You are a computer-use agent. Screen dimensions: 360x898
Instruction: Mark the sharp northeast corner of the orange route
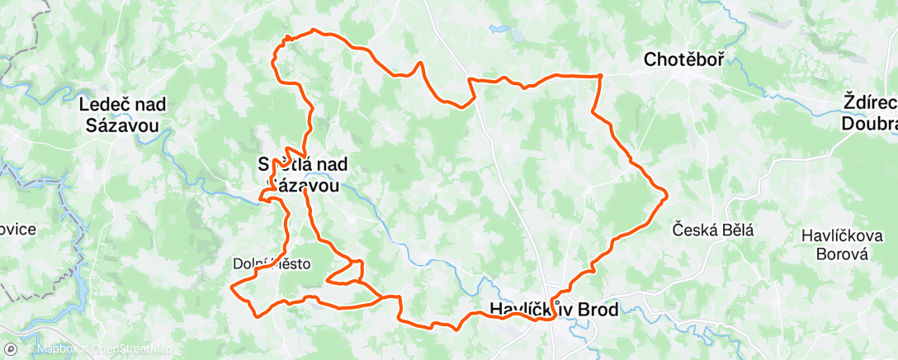pyautogui.click(x=600, y=75)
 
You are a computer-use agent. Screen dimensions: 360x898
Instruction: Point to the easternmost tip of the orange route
pyautogui.click(x=665, y=195)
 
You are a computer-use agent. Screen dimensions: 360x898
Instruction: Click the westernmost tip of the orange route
pyautogui.click(x=232, y=287)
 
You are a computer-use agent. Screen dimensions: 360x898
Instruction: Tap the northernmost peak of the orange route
pyautogui.click(x=314, y=31)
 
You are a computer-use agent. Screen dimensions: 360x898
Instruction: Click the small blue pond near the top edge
pyautogui.click(x=500, y=28)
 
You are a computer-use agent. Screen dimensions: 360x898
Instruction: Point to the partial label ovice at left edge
pyautogui.click(x=17, y=229)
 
